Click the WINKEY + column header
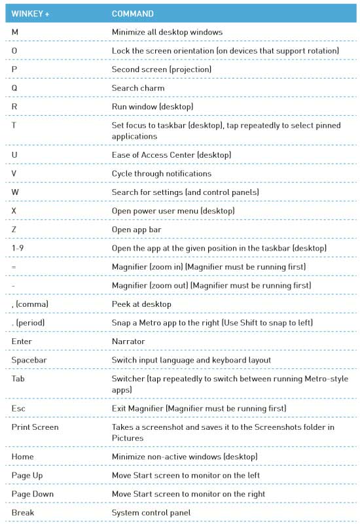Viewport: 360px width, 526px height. pyautogui.click(x=30, y=14)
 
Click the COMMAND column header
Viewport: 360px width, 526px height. pyautogui.click(x=132, y=14)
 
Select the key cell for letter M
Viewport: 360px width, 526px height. pyautogui.click(x=14, y=32)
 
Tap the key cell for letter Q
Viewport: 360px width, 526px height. pyautogui.click(x=14, y=88)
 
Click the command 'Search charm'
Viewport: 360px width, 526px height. pyautogui.click(x=138, y=88)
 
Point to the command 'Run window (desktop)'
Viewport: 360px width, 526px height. pyautogui.click(x=153, y=106)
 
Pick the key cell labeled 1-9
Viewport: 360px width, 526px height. pyautogui.click(x=18, y=249)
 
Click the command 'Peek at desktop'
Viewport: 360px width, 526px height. pyautogui.click(x=141, y=304)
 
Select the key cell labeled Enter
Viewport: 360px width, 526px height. pyautogui.click(x=22, y=342)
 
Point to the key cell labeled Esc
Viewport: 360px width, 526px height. pyautogui.click(x=18, y=408)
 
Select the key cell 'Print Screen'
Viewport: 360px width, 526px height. pyautogui.click(x=35, y=427)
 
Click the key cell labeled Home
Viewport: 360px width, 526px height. pyautogui.click(x=22, y=457)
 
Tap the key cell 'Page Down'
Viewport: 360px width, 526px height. pyautogui.click(x=32, y=494)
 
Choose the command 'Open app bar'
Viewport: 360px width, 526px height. pyautogui.click(x=136, y=230)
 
